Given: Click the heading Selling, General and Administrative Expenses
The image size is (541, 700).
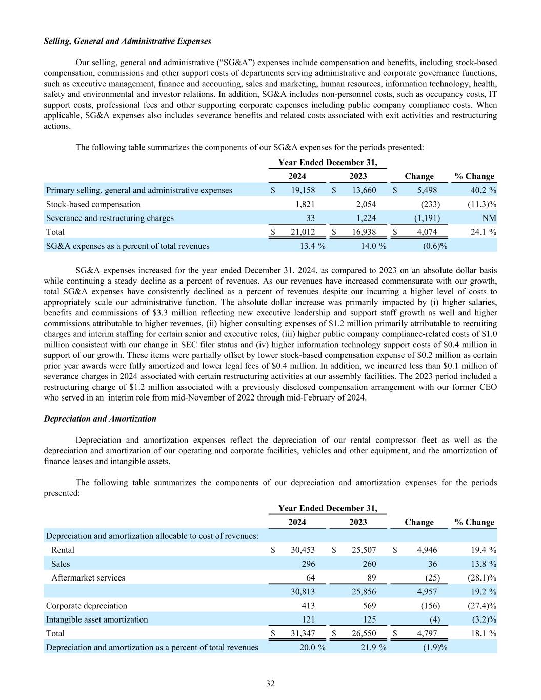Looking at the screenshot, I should click(127, 41).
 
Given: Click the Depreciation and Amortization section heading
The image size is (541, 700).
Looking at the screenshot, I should click(100, 419).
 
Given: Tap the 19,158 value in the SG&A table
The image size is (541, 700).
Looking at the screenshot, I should click(303, 190).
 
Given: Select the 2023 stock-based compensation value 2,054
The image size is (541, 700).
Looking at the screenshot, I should click(366, 204).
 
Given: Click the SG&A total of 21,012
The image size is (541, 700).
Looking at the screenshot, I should click(303, 232).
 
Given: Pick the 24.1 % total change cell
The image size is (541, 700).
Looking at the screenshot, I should click(484, 232).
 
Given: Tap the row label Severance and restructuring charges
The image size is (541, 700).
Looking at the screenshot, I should click(110, 218).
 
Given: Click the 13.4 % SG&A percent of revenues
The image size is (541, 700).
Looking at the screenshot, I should click(312, 246).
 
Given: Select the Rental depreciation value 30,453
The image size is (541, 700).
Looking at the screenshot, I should click(303, 550).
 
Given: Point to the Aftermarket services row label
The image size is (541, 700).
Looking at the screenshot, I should click(88, 577).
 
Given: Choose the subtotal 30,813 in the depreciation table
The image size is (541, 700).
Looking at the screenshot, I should click(303, 591).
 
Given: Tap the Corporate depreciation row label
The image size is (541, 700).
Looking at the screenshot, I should click(87, 605).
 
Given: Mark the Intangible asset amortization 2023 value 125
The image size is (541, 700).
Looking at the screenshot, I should click(369, 619).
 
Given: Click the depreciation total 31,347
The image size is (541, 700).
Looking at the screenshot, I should click(303, 633).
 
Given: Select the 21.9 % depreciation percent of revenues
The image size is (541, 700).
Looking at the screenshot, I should click(373, 647).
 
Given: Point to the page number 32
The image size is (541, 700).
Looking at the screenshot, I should click(270, 683).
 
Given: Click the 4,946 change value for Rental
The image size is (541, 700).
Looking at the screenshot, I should click(427, 550).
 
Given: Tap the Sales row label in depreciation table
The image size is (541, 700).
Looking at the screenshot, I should click(61, 564).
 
